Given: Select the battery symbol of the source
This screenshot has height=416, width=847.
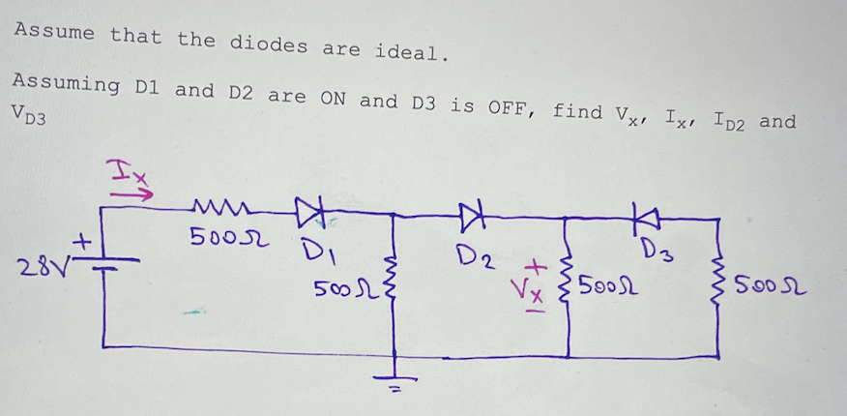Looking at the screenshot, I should point(104,263).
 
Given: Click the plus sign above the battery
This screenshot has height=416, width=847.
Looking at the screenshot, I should point(84,237).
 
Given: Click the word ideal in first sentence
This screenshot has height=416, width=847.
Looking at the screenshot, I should point(410,49).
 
